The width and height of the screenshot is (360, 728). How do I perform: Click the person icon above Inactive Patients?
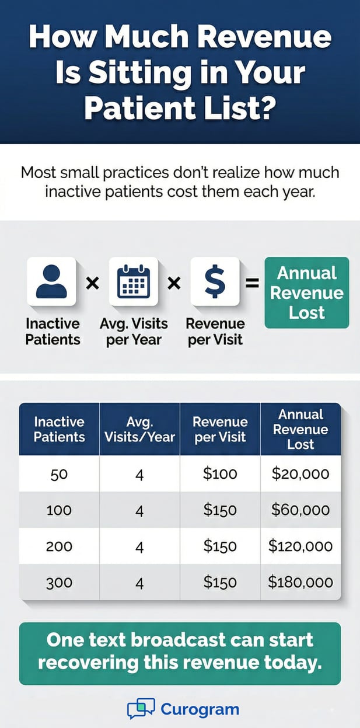[51, 281]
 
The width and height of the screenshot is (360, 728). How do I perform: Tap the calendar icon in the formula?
[134, 281]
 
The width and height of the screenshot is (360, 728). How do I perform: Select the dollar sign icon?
[215, 281]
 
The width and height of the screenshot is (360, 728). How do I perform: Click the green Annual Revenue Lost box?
[306, 292]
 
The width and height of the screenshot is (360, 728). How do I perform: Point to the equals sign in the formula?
[252, 284]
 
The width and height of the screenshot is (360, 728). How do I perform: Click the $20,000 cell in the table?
[300, 473]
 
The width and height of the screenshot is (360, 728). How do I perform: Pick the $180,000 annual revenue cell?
[300, 582]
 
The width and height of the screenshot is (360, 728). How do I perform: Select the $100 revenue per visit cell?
[220, 473]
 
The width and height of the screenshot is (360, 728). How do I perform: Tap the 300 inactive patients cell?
[59, 582]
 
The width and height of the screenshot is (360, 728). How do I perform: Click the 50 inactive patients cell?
[59, 473]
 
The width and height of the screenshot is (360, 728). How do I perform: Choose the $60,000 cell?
[300, 510]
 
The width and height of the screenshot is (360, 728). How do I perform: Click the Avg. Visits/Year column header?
[139, 429]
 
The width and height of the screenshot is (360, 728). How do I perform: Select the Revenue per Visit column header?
[220, 429]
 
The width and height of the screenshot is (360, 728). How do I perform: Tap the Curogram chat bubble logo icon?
[141, 709]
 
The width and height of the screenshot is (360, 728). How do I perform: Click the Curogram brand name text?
[200, 710]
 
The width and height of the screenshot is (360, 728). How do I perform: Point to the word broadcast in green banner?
[180, 640]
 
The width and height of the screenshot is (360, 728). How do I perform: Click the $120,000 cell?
[300, 546]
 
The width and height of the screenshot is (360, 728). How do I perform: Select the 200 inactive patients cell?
[59, 546]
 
